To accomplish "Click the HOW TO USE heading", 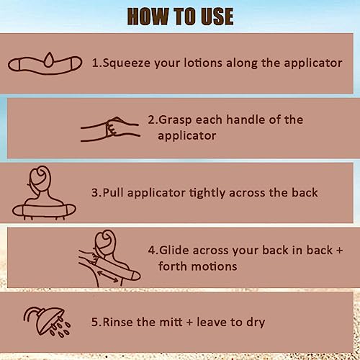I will (x=180, y=16).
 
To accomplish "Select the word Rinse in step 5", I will (x=120, y=321).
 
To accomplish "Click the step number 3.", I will (x=94, y=193).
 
